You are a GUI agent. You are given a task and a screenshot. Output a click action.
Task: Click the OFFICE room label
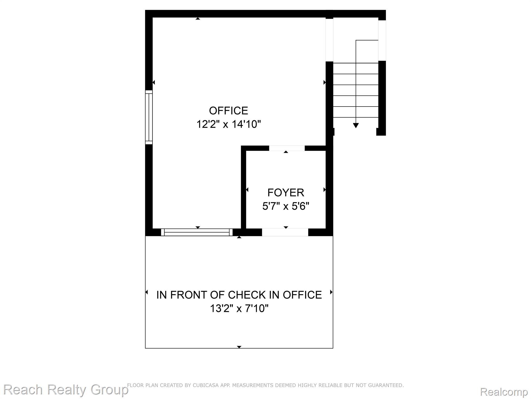(228, 111)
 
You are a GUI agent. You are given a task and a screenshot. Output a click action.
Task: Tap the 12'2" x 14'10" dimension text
(228, 124)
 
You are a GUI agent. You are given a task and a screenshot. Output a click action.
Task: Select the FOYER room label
(286, 192)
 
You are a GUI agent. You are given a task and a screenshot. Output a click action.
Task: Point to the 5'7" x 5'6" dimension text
(286, 206)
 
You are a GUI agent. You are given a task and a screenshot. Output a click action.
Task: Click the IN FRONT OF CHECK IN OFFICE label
(239, 295)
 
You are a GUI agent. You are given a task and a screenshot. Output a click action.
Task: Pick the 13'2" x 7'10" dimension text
(239, 309)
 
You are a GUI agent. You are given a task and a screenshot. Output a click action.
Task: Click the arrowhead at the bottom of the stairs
(356, 125)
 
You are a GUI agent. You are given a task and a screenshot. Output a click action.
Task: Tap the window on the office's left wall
(149, 117)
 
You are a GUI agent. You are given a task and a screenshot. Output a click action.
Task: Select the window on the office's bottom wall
(197, 232)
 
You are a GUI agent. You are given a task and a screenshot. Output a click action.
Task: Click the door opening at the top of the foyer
(287, 148)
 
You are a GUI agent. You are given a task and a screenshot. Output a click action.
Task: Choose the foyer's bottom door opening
(285, 232)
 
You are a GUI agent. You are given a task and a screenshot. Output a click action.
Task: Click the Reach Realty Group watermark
(65, 390)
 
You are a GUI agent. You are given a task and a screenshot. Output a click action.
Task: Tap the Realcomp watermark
(504, 391)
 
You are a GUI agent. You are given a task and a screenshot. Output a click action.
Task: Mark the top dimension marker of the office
(198, 18)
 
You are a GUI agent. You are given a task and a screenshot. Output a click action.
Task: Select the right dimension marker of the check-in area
(331, 292)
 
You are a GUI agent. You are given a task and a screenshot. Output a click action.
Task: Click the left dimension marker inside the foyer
(247, 190)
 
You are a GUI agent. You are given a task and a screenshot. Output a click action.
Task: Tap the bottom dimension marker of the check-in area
(239, 347)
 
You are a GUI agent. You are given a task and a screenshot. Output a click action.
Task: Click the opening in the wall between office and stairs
(329, 40)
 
